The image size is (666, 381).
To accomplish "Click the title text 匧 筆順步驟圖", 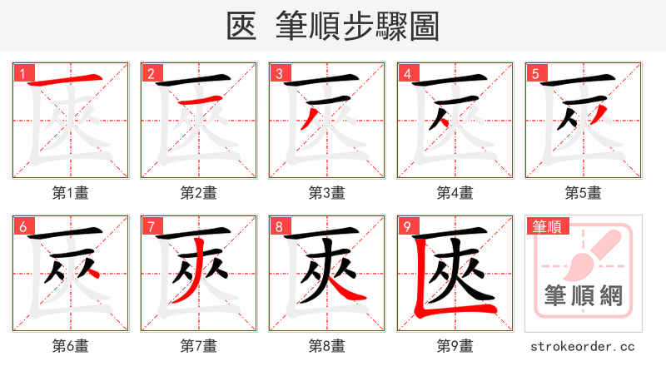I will (332, 26).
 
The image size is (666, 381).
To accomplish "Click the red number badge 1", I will (22, 74).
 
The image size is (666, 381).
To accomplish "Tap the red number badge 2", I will (151, 74).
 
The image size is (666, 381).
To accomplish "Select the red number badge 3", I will (279, 74).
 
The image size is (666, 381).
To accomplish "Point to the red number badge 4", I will (407, 74).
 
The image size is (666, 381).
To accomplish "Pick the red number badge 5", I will (535, 74).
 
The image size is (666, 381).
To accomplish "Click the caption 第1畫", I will (70, 193).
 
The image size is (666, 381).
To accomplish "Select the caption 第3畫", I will (326, 193).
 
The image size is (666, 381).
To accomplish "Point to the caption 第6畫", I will (70, 345).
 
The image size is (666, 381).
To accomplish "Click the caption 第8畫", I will (326, 345).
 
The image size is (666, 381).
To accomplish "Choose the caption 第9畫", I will (455, 345).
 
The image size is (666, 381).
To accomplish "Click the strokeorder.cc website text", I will (583, 345).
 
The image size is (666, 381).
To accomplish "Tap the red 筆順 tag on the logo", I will (545, 226).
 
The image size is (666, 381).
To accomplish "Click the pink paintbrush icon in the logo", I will (587, 253).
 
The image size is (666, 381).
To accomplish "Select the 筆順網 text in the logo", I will (583, 295).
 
